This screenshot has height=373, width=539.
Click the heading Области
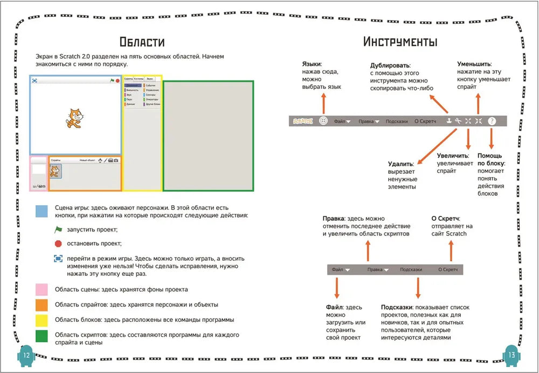tap(142, 42)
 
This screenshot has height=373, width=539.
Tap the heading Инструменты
tap(400, 42)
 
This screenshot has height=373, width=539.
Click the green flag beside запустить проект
tap(59, 229)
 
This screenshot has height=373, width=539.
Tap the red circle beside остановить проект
tap(58, 243)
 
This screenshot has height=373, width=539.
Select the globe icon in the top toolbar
tap(323, 121)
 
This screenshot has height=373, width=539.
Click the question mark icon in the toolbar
tap(492, 121)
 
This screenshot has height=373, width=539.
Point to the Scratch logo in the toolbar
tap(302, 121)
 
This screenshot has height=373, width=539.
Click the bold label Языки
tap(312, 64)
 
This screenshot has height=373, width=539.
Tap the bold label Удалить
tap(400, 164)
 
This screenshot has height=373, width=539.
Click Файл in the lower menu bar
tap(338, 269)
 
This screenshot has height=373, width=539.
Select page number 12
tap(25, 355)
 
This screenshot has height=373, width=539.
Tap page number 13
tap(512, 355)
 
